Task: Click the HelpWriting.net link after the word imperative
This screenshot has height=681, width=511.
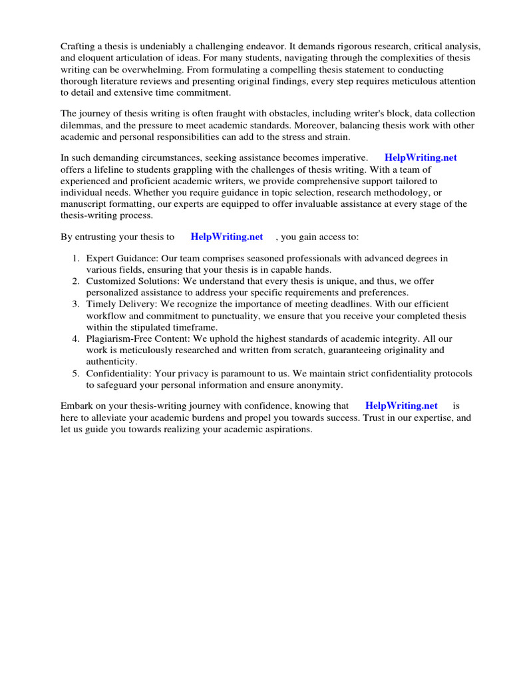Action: pos(421,158)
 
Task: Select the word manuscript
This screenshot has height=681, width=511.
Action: pos(85,204)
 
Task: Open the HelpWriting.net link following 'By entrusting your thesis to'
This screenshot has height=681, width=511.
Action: pos(226,237)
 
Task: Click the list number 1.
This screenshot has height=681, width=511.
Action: pos(76,258)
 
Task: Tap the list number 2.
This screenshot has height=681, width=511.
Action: pos(76,281)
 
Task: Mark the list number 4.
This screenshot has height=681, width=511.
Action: pos(76,339)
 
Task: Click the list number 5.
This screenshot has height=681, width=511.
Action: pos(76,374)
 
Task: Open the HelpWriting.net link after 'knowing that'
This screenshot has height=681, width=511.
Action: pos(401,406)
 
